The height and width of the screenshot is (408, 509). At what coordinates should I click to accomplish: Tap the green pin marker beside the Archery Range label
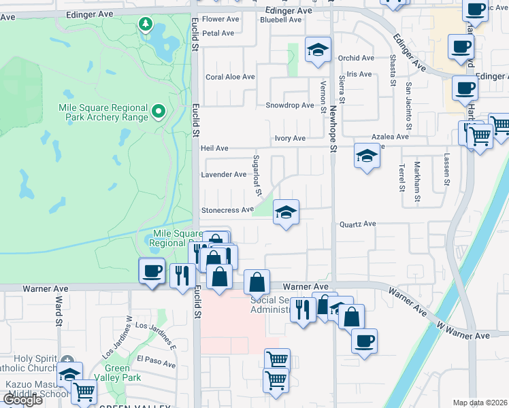[x=159, y=110]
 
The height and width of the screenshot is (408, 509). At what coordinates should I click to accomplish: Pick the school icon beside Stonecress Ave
[x=286, y=213]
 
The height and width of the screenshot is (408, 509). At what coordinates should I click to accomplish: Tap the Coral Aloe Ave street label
[x=230, y=78]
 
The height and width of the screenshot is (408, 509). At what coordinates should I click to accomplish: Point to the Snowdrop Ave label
[x=289, y=105]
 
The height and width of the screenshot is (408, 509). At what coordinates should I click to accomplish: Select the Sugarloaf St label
[x=257, y=175]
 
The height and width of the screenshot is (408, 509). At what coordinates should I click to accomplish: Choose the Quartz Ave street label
[x=357, y=224]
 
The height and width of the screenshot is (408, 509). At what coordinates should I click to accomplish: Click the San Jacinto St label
[x=408, y=105]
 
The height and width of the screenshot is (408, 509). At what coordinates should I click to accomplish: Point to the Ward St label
[x=59, y=310]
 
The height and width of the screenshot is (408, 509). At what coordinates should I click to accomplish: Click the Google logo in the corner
[x=22, y=400]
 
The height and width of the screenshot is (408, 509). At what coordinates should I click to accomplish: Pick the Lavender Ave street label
[x=223, y=175]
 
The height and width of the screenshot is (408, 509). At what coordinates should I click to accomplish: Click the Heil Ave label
[x=214, y=148]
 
